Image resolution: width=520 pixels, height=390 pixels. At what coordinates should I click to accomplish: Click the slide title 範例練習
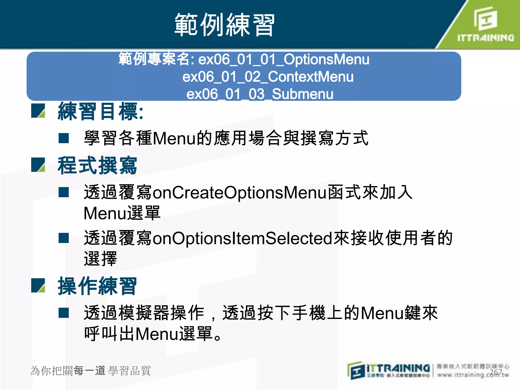click(x=224, y=25)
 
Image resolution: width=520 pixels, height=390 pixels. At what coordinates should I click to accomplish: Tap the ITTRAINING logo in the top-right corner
click(x=485, y=24)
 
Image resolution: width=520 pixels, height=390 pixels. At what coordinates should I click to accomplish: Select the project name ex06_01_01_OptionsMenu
click(x=284, y=59)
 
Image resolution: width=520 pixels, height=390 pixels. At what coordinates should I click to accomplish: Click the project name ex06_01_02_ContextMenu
click(x=268, y=77)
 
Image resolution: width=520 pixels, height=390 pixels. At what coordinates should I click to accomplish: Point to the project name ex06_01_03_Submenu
click(x=260, y=94)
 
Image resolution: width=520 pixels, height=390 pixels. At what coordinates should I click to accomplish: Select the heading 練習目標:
click(x=101, y=111)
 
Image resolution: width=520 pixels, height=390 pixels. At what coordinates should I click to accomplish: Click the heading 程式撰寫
click(x=97, y=166)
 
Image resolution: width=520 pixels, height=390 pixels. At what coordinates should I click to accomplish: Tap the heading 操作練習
click(x=97, y=286)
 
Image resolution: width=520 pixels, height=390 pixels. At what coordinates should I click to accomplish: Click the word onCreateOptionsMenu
click(x=240, y=192)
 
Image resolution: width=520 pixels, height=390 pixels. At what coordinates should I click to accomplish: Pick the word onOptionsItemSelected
click(x=242, y=238)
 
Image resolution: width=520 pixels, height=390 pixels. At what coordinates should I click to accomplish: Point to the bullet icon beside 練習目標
click(x=38, y=111)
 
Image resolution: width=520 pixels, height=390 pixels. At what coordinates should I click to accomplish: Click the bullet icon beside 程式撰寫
click(x=38, y=165)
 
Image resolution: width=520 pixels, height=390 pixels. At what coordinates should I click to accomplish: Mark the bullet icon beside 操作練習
click(x=38, y=285)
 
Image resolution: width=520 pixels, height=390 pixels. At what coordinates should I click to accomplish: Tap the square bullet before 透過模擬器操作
click(x=64, y=313)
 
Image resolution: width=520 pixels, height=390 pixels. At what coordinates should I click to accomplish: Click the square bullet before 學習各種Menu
click(x=64, y=138)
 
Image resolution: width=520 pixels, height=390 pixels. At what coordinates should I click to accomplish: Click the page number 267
click(x=496, y=372)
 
